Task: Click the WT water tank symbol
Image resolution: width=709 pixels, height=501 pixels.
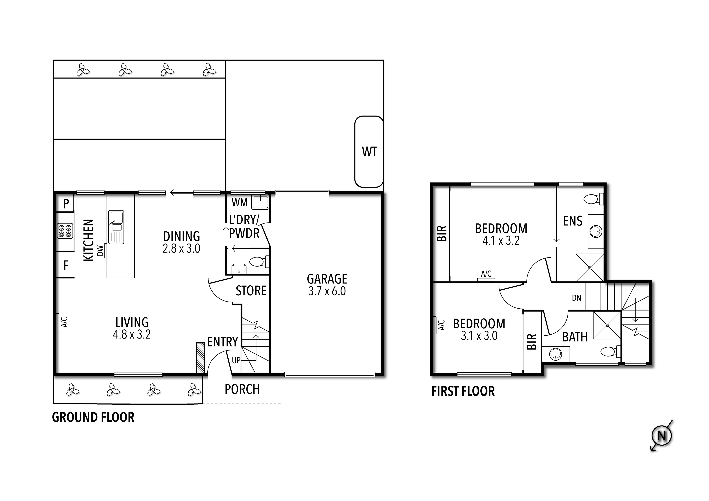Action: click(369, 152)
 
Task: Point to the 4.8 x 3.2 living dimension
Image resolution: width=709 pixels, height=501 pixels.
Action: click(132, 334)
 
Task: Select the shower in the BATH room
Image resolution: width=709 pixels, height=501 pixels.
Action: click(607, 325)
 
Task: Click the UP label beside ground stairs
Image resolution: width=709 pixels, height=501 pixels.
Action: click(236, 360)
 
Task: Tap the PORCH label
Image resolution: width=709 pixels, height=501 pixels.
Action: click(242, 389)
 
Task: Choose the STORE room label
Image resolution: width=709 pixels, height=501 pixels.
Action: click(251, 291)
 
